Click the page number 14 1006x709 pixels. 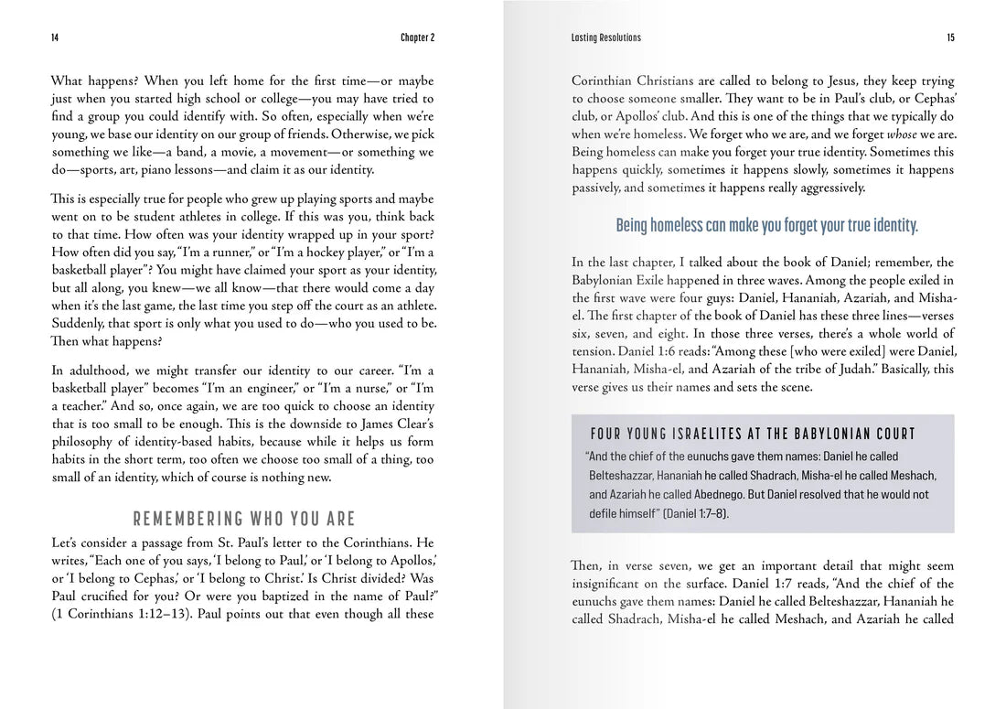point(55,38)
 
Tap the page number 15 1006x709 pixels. point(950,38)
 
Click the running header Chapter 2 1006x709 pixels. point(417,38)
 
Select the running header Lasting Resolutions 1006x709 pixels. point(605,38)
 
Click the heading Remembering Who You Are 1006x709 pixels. point(243,520)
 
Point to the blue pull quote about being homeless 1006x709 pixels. point(766,225)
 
